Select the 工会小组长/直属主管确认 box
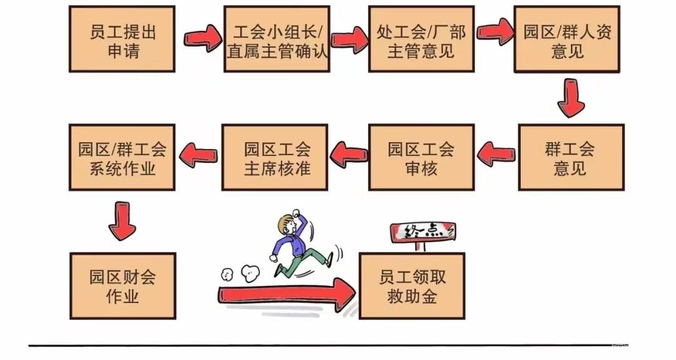coord(277,39)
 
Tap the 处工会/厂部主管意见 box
coord(421,39)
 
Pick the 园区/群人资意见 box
coord(567,39)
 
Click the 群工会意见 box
coord(571,157)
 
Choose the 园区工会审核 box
coord(421,157)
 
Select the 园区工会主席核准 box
coord(275,157)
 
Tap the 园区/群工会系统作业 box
coord(122,157)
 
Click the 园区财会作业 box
coord(123,285)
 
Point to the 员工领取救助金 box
coord(412,285)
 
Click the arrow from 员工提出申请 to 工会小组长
coord(202,39)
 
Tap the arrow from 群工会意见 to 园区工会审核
coord(496,153)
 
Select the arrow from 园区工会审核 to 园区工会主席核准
coord(349,153)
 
